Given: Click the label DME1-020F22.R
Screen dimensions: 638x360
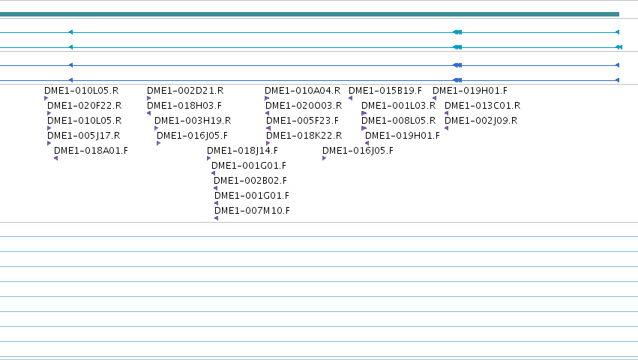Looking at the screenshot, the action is pos(84,106).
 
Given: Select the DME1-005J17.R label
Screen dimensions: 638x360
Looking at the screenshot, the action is pos(83,136).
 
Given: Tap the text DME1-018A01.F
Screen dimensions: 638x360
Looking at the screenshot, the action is pos(91,151).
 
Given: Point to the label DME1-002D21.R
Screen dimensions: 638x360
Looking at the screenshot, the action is pos(185,91).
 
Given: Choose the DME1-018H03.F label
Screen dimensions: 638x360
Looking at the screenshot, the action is pos(184,106).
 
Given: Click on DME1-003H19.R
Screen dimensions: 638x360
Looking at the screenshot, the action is pos(193,121).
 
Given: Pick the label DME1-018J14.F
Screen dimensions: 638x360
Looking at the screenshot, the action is pos(242,151).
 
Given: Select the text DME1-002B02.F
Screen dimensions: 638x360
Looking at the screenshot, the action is pos(250,181).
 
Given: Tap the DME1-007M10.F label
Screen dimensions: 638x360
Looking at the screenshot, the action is pos(252,211).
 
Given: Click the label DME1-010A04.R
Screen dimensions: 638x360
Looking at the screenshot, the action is pos(302,91).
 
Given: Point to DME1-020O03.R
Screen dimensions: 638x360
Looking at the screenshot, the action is pos(304,106).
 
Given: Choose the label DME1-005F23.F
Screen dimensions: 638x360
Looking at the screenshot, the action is pos(302,121).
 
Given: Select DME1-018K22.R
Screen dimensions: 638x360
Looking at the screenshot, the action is pos(304,136).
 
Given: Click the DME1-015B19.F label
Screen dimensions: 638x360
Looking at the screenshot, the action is pos(385,91).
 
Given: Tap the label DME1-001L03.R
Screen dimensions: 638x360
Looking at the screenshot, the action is pos(398,106).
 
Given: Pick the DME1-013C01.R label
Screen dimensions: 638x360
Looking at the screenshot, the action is pos(482,106).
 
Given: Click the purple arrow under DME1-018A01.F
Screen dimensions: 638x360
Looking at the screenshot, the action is pos(55,158).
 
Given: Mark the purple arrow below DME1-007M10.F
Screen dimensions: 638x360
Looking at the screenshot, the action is pos(216,218).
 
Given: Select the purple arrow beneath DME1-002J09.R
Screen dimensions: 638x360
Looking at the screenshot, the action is pos(446,128).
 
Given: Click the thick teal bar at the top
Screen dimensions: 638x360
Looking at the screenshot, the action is pos(309,14).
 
